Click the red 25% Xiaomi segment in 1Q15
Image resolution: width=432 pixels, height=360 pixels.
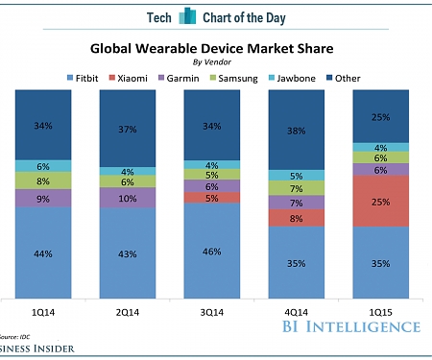[381, 202]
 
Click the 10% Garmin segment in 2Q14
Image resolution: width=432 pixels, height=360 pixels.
[127, 198]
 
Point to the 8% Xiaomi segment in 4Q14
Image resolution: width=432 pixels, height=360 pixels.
[296, 218]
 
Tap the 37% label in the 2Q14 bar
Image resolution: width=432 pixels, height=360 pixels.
[127, 129]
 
